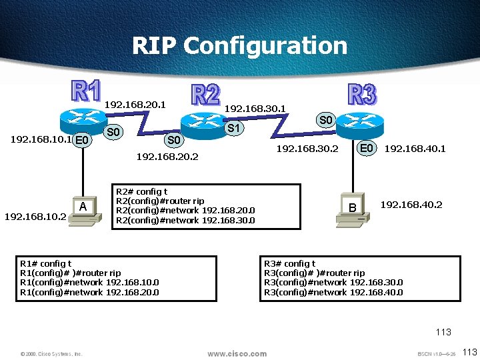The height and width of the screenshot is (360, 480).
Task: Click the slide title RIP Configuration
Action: tap(239, 45)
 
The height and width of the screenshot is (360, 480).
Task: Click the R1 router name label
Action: tap(86, 93)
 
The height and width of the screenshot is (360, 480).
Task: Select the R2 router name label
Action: tap(205, 95)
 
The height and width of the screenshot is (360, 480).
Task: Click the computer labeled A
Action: tap(83, 211)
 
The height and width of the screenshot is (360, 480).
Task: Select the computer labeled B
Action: tap(353, 211)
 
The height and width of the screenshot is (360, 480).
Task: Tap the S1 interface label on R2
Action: tap(234, 127)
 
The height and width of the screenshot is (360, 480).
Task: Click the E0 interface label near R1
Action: tap(83, 140)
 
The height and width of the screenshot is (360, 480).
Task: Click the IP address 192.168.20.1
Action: tap(135, 104)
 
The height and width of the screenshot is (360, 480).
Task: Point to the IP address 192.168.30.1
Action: tap(255, 107)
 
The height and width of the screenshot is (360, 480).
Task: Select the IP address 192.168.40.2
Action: tap(411, 205)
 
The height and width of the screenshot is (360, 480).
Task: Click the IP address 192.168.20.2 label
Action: tap(167, 157)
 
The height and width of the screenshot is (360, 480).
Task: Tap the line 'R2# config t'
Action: tap(142, 192)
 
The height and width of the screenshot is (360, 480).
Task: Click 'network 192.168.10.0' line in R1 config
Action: tap(90, 282)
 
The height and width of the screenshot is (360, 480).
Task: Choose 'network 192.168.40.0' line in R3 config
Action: tap(333, 291)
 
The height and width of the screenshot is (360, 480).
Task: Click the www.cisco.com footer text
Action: tap(237, 353)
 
